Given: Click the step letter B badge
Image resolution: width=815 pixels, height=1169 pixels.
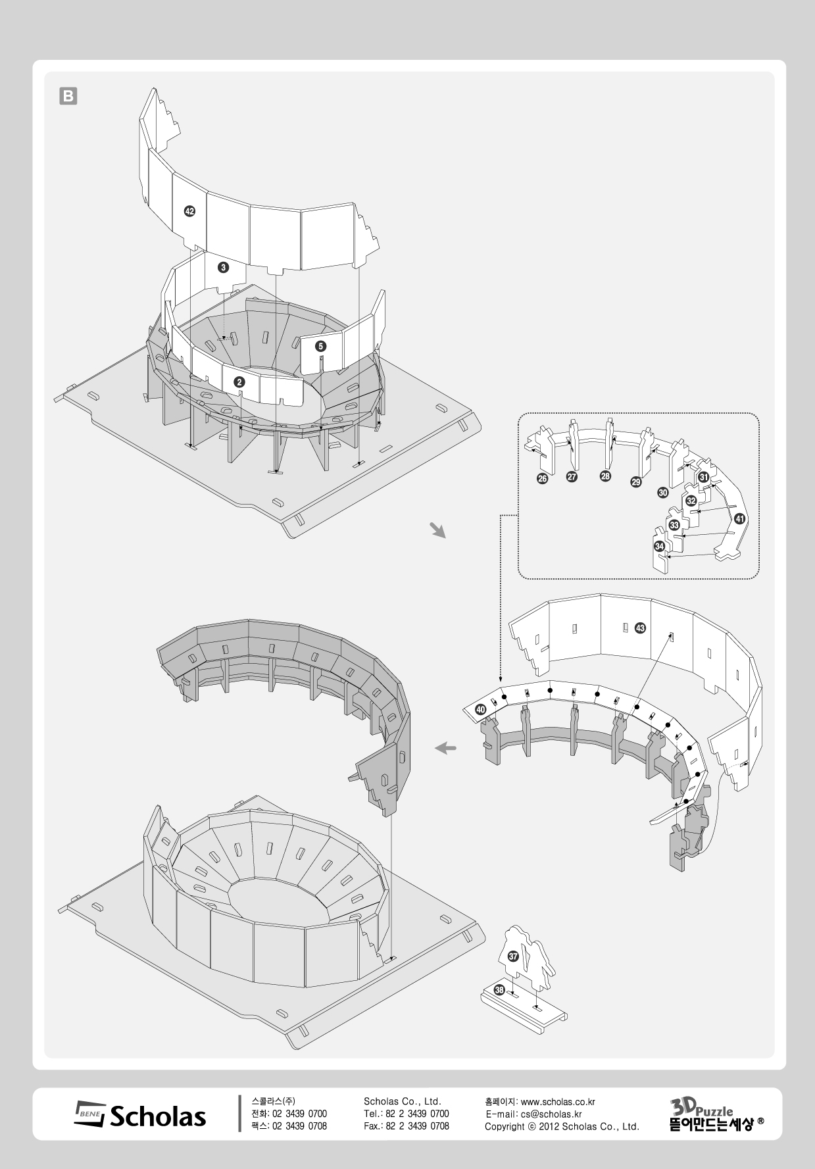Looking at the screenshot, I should click(x=68, y=97).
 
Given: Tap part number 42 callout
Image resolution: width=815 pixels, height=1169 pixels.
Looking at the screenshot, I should click(x=189, y=211).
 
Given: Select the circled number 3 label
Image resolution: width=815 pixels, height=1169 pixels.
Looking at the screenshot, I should click(x=224, y=267).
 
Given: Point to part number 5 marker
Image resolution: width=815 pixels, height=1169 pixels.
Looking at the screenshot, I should click(x=320, y=345).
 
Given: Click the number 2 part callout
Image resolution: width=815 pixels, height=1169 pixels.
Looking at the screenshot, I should click(x=239, y=382).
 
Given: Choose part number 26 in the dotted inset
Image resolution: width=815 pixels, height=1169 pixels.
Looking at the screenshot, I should click(x=543, y=478).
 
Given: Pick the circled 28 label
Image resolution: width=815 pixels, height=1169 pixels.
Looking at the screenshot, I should click(x=605, y=476).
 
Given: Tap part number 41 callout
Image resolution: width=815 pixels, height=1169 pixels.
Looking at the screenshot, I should click(x=740, y=518).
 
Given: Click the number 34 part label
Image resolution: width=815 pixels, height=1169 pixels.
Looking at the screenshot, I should click(x=659, y=546).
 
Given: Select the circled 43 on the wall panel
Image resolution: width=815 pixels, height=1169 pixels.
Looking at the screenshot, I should click(x=640, y=628).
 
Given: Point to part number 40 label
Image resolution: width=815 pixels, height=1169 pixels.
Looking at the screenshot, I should click(x=481, y=710).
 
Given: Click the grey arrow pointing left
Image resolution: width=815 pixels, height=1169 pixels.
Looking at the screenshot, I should click(x=446, y=748).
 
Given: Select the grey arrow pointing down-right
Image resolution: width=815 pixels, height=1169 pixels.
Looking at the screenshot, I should click(x=437, y=530).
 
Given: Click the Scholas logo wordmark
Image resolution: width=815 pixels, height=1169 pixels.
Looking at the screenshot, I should click(x=141, y=1116).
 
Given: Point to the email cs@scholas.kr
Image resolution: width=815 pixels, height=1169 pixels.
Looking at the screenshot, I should click(x=551, y=1114).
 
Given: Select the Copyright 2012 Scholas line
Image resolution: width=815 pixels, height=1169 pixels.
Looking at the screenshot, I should click(x=562, y=1126).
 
